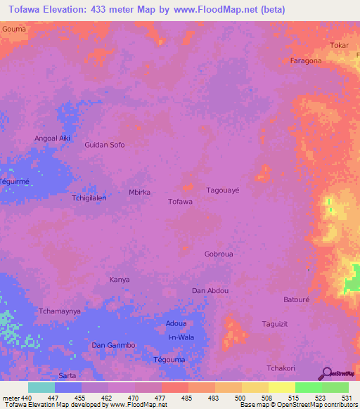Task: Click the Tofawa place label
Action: pos(181,202)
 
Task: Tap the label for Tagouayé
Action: pos(223,190)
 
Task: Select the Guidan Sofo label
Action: pos(105,145)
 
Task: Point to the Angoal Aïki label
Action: pos(53,138)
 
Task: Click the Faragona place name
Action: pos(306,61)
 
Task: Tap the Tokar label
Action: pos(339,46)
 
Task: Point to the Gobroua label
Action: pos(218,254)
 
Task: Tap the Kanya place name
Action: pos(120,280)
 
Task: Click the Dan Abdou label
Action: pos(210,290)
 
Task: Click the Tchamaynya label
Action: pos(60,311)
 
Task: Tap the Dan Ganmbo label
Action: pos(113,345)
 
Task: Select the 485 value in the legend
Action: pos(187,398)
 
